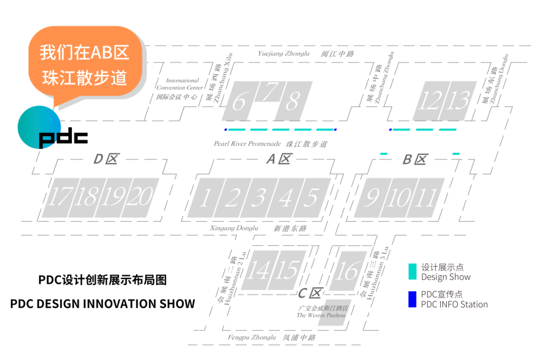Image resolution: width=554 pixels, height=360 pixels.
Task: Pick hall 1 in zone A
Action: pos(204,198)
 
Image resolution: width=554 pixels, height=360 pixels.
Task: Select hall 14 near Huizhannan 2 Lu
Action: pos(258,270)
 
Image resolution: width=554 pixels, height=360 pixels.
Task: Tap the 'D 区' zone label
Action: pos(106,159)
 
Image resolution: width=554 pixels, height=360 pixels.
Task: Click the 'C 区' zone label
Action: pos(310,293)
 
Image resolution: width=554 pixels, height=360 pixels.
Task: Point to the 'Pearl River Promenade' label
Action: pos(247,144)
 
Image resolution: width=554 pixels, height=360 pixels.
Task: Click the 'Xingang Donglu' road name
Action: pos(233,228)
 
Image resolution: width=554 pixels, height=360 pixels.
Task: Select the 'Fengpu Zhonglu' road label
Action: pos(252,337)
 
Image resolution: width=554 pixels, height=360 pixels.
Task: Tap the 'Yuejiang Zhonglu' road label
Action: pos(284,52)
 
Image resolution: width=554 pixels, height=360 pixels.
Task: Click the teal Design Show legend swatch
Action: pos(412,272)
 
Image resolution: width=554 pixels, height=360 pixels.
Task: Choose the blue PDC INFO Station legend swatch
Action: pos(412,299)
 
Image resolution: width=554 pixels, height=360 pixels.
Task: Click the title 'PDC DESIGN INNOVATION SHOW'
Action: pos(103,304)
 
